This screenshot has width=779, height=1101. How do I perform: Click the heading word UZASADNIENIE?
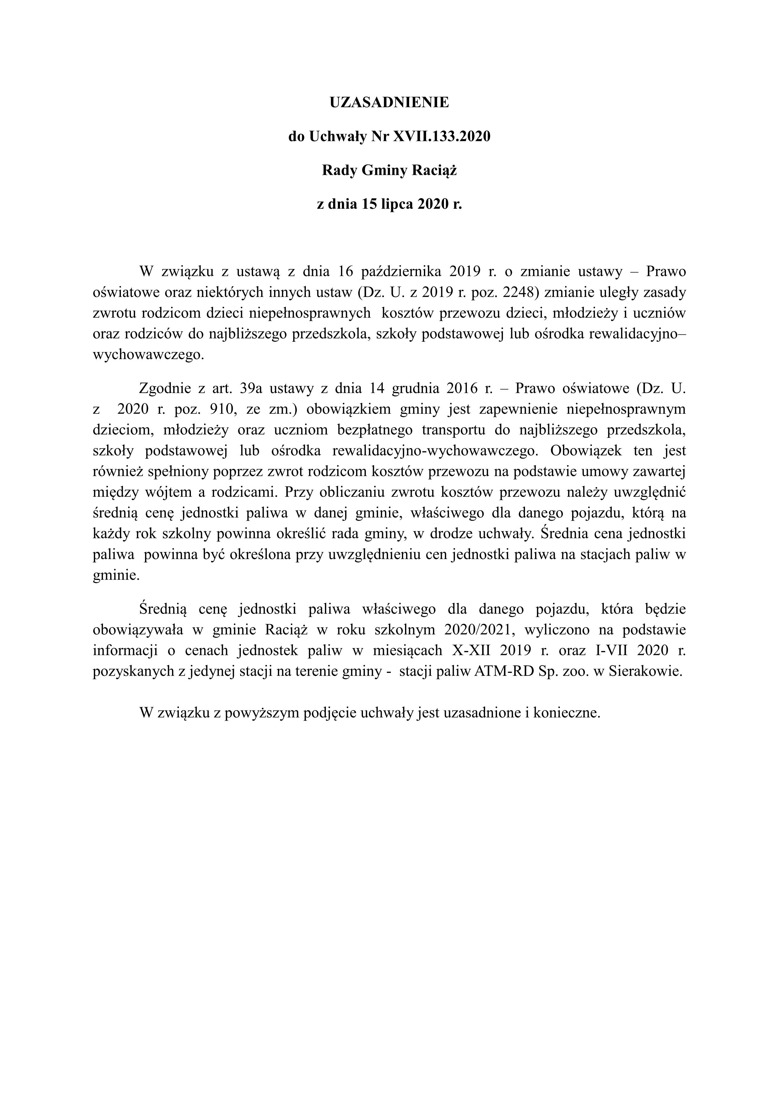389,103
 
